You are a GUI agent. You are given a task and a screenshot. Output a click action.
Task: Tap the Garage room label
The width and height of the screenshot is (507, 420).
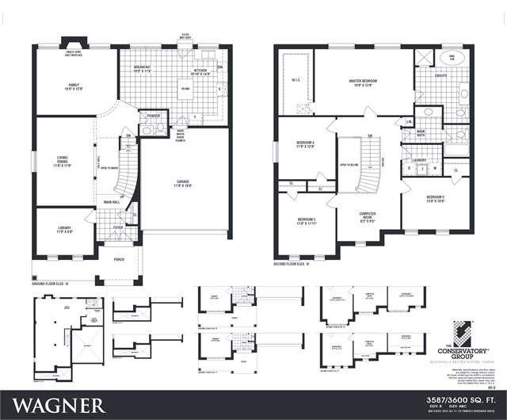[186, 184]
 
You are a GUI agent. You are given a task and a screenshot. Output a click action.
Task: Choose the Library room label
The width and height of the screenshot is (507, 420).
[63, 229]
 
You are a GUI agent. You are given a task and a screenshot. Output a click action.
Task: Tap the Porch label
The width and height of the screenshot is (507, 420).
[119, 259]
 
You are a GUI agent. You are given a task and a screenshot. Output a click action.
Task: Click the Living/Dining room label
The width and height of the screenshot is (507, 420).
[63, 162]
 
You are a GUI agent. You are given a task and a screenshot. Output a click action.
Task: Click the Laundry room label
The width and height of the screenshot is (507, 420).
[418, 160]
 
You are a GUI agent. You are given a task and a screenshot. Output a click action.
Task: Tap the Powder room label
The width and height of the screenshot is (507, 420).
[153, 116]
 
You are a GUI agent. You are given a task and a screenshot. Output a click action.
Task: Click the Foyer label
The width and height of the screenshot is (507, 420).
[118, 227]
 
